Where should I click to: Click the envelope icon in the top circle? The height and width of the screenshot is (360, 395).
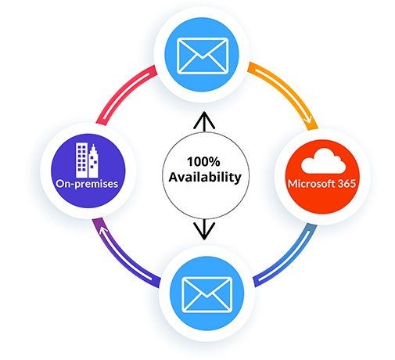coord(203,56)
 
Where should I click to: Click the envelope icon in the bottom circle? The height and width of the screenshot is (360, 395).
coord(206,295)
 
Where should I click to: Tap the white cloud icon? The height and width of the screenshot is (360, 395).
coord(323,160)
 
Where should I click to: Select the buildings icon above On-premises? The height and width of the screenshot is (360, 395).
coord(87,160)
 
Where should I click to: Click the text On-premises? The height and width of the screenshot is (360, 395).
coord(87,184)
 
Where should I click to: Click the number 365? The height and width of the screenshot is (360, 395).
coord(347,184)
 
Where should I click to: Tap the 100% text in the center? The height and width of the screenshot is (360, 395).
coord(203,161)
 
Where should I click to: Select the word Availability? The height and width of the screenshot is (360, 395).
coord(205,178)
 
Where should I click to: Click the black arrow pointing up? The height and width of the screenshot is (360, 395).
coord(204,122)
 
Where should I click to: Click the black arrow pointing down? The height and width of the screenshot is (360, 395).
coord(204,229)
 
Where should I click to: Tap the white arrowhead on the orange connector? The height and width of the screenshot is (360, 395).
coord(308,121)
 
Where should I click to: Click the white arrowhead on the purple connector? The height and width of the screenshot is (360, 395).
coord(104,230)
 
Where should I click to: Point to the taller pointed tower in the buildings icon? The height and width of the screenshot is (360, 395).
coord(93,160)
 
